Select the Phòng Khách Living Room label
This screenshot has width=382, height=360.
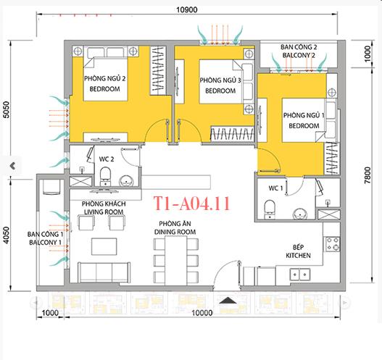click(x=105, y=209)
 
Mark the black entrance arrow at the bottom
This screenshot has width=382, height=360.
click(x=228, y=301)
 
